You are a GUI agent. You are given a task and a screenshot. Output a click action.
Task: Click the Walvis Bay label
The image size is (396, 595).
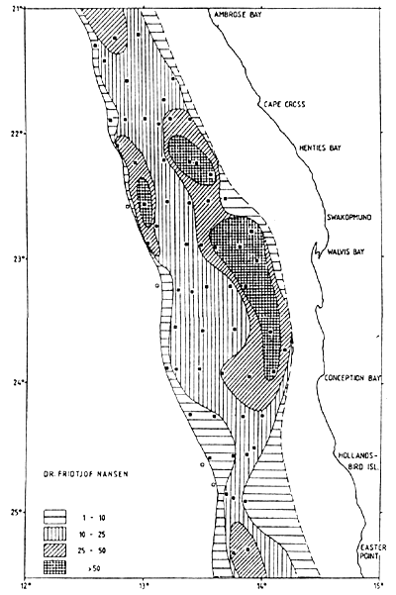(x=346, y=252)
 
